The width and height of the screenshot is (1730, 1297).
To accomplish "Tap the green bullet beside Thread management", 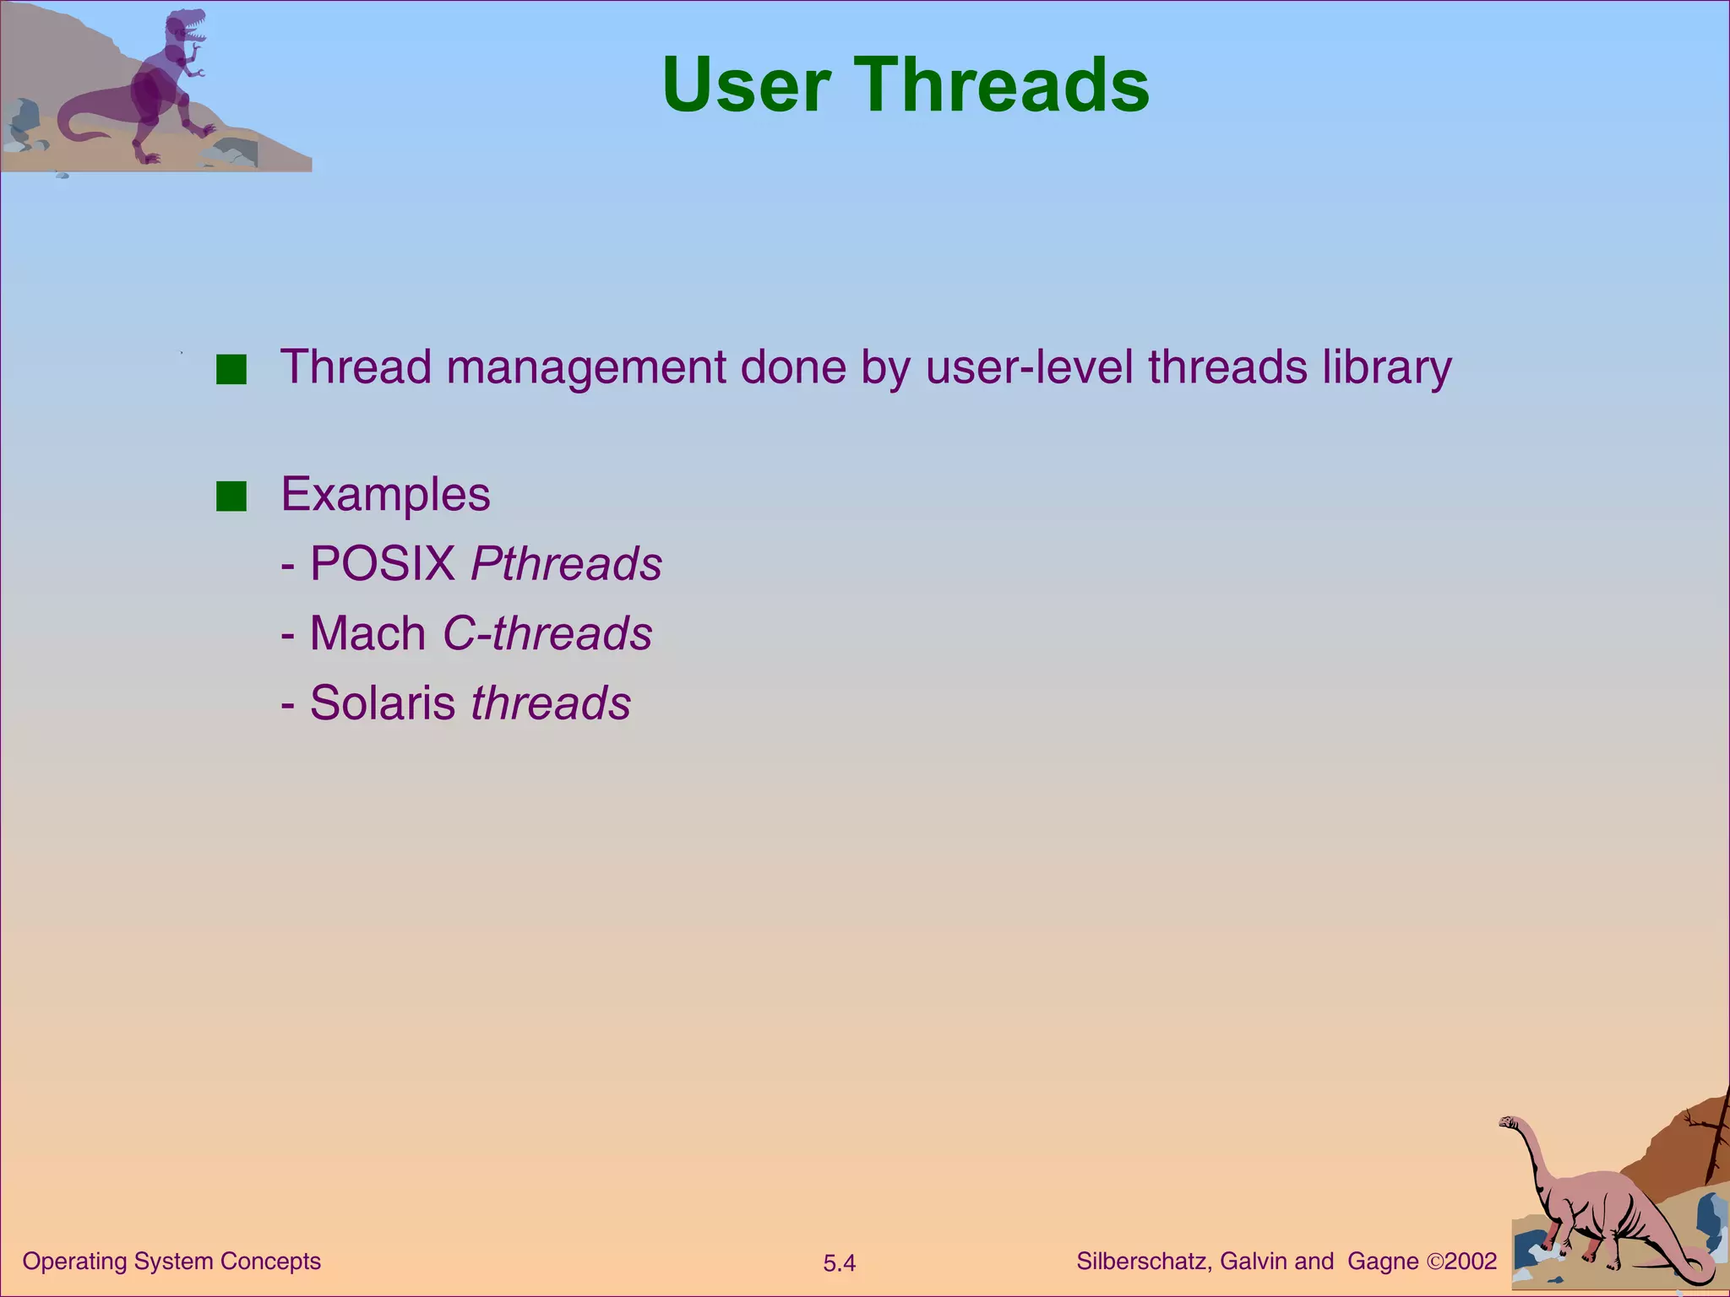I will (231, 370).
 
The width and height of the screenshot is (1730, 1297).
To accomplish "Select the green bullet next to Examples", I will (231, 497).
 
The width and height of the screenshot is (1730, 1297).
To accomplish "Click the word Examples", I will (385, 495).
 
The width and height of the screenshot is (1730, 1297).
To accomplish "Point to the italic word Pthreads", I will (566, 564).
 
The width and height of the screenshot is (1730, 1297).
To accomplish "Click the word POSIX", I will (383, 564).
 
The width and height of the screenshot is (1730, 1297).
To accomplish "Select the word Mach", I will (367, 633).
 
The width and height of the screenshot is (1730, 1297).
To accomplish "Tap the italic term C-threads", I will (547, 633).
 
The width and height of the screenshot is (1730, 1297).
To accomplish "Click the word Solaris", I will (382, 703).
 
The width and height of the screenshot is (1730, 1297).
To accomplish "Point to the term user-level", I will (1029, 368).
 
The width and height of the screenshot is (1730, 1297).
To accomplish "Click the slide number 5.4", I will (839, 1263).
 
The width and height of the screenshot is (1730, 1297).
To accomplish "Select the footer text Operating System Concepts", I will (171, 1262).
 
